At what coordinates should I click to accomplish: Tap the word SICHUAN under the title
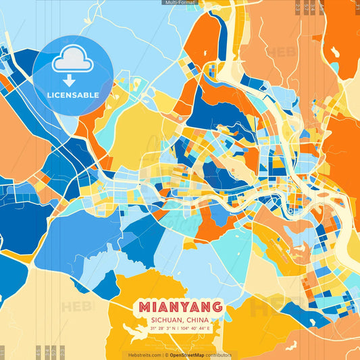pos(165,320)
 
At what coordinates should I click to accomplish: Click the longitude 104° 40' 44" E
pos(197,329)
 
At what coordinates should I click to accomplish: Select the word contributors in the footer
pos(218,355)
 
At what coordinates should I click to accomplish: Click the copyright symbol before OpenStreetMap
pos(166,355)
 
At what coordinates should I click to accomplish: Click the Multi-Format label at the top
pos(180,3)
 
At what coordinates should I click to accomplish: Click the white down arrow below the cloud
pos(72,81)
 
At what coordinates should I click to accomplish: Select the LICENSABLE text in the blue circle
pos(73,95)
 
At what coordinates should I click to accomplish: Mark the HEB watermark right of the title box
pos(267,307)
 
